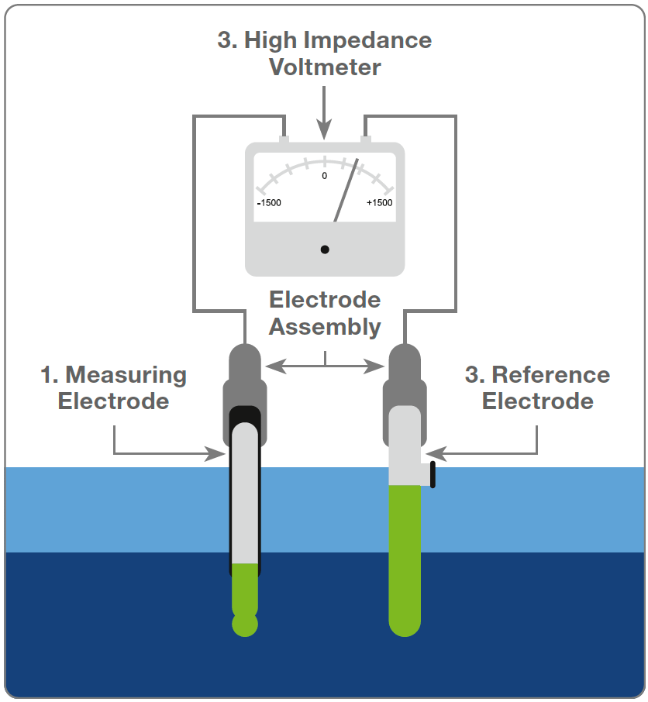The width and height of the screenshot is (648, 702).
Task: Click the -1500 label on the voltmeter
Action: [x=269, y=203]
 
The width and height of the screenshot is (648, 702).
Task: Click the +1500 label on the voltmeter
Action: [x=379, y=203]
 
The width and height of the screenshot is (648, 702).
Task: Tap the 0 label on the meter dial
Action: [x=324, y=176]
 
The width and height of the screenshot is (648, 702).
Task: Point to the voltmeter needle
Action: [x=346, y=191]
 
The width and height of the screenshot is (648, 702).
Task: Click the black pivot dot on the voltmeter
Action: [x=325, y=249]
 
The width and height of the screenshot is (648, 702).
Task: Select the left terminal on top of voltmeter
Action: [x=284, y=139]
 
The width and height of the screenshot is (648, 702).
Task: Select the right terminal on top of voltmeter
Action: [x=365, y=139]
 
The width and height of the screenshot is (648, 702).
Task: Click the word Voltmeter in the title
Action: [x=325, y=67]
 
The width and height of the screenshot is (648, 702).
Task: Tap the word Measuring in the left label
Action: [x=126, y=375]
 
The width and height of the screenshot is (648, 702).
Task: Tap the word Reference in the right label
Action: [x=550, y=375]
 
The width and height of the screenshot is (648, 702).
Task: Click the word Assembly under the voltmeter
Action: [x=325, y=327]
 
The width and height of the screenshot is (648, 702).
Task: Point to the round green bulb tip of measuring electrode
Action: [x=245, y=625]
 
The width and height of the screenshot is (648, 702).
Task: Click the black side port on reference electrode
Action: [x=432, y=474]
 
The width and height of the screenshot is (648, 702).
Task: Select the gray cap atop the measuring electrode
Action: [x=245, y=372]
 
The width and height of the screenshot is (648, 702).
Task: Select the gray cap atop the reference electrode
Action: [x=404, y=372]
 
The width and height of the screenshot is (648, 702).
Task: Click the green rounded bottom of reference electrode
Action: [x=404, y=624]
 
